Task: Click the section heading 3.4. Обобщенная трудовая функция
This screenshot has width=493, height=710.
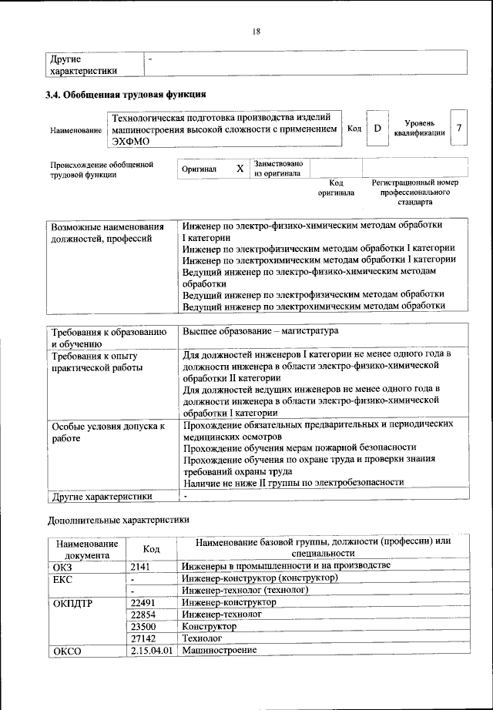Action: coord(127,95)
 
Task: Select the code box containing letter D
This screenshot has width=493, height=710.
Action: coord(377,129)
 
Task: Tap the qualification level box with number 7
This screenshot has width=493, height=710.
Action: coord(459,128)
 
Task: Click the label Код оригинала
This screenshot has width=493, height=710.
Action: coord(336,188)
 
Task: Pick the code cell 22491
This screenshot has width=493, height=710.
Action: coord(146,602)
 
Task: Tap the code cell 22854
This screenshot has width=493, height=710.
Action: coord(146,615)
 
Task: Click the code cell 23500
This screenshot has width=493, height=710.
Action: coord(146,627)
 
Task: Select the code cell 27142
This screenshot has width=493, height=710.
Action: coord(146,639)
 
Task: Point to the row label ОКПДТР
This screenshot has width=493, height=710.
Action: coord(72,603)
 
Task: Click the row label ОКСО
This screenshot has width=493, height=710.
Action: coord(66,651)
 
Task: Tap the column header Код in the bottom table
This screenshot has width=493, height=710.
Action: coord(152,548)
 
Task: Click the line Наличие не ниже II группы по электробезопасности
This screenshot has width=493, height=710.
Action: coord(293,483)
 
